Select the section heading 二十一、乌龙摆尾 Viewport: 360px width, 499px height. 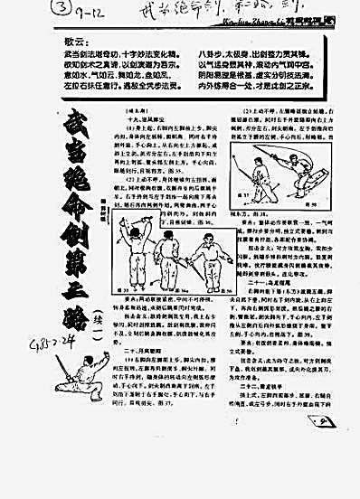point(263,330)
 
